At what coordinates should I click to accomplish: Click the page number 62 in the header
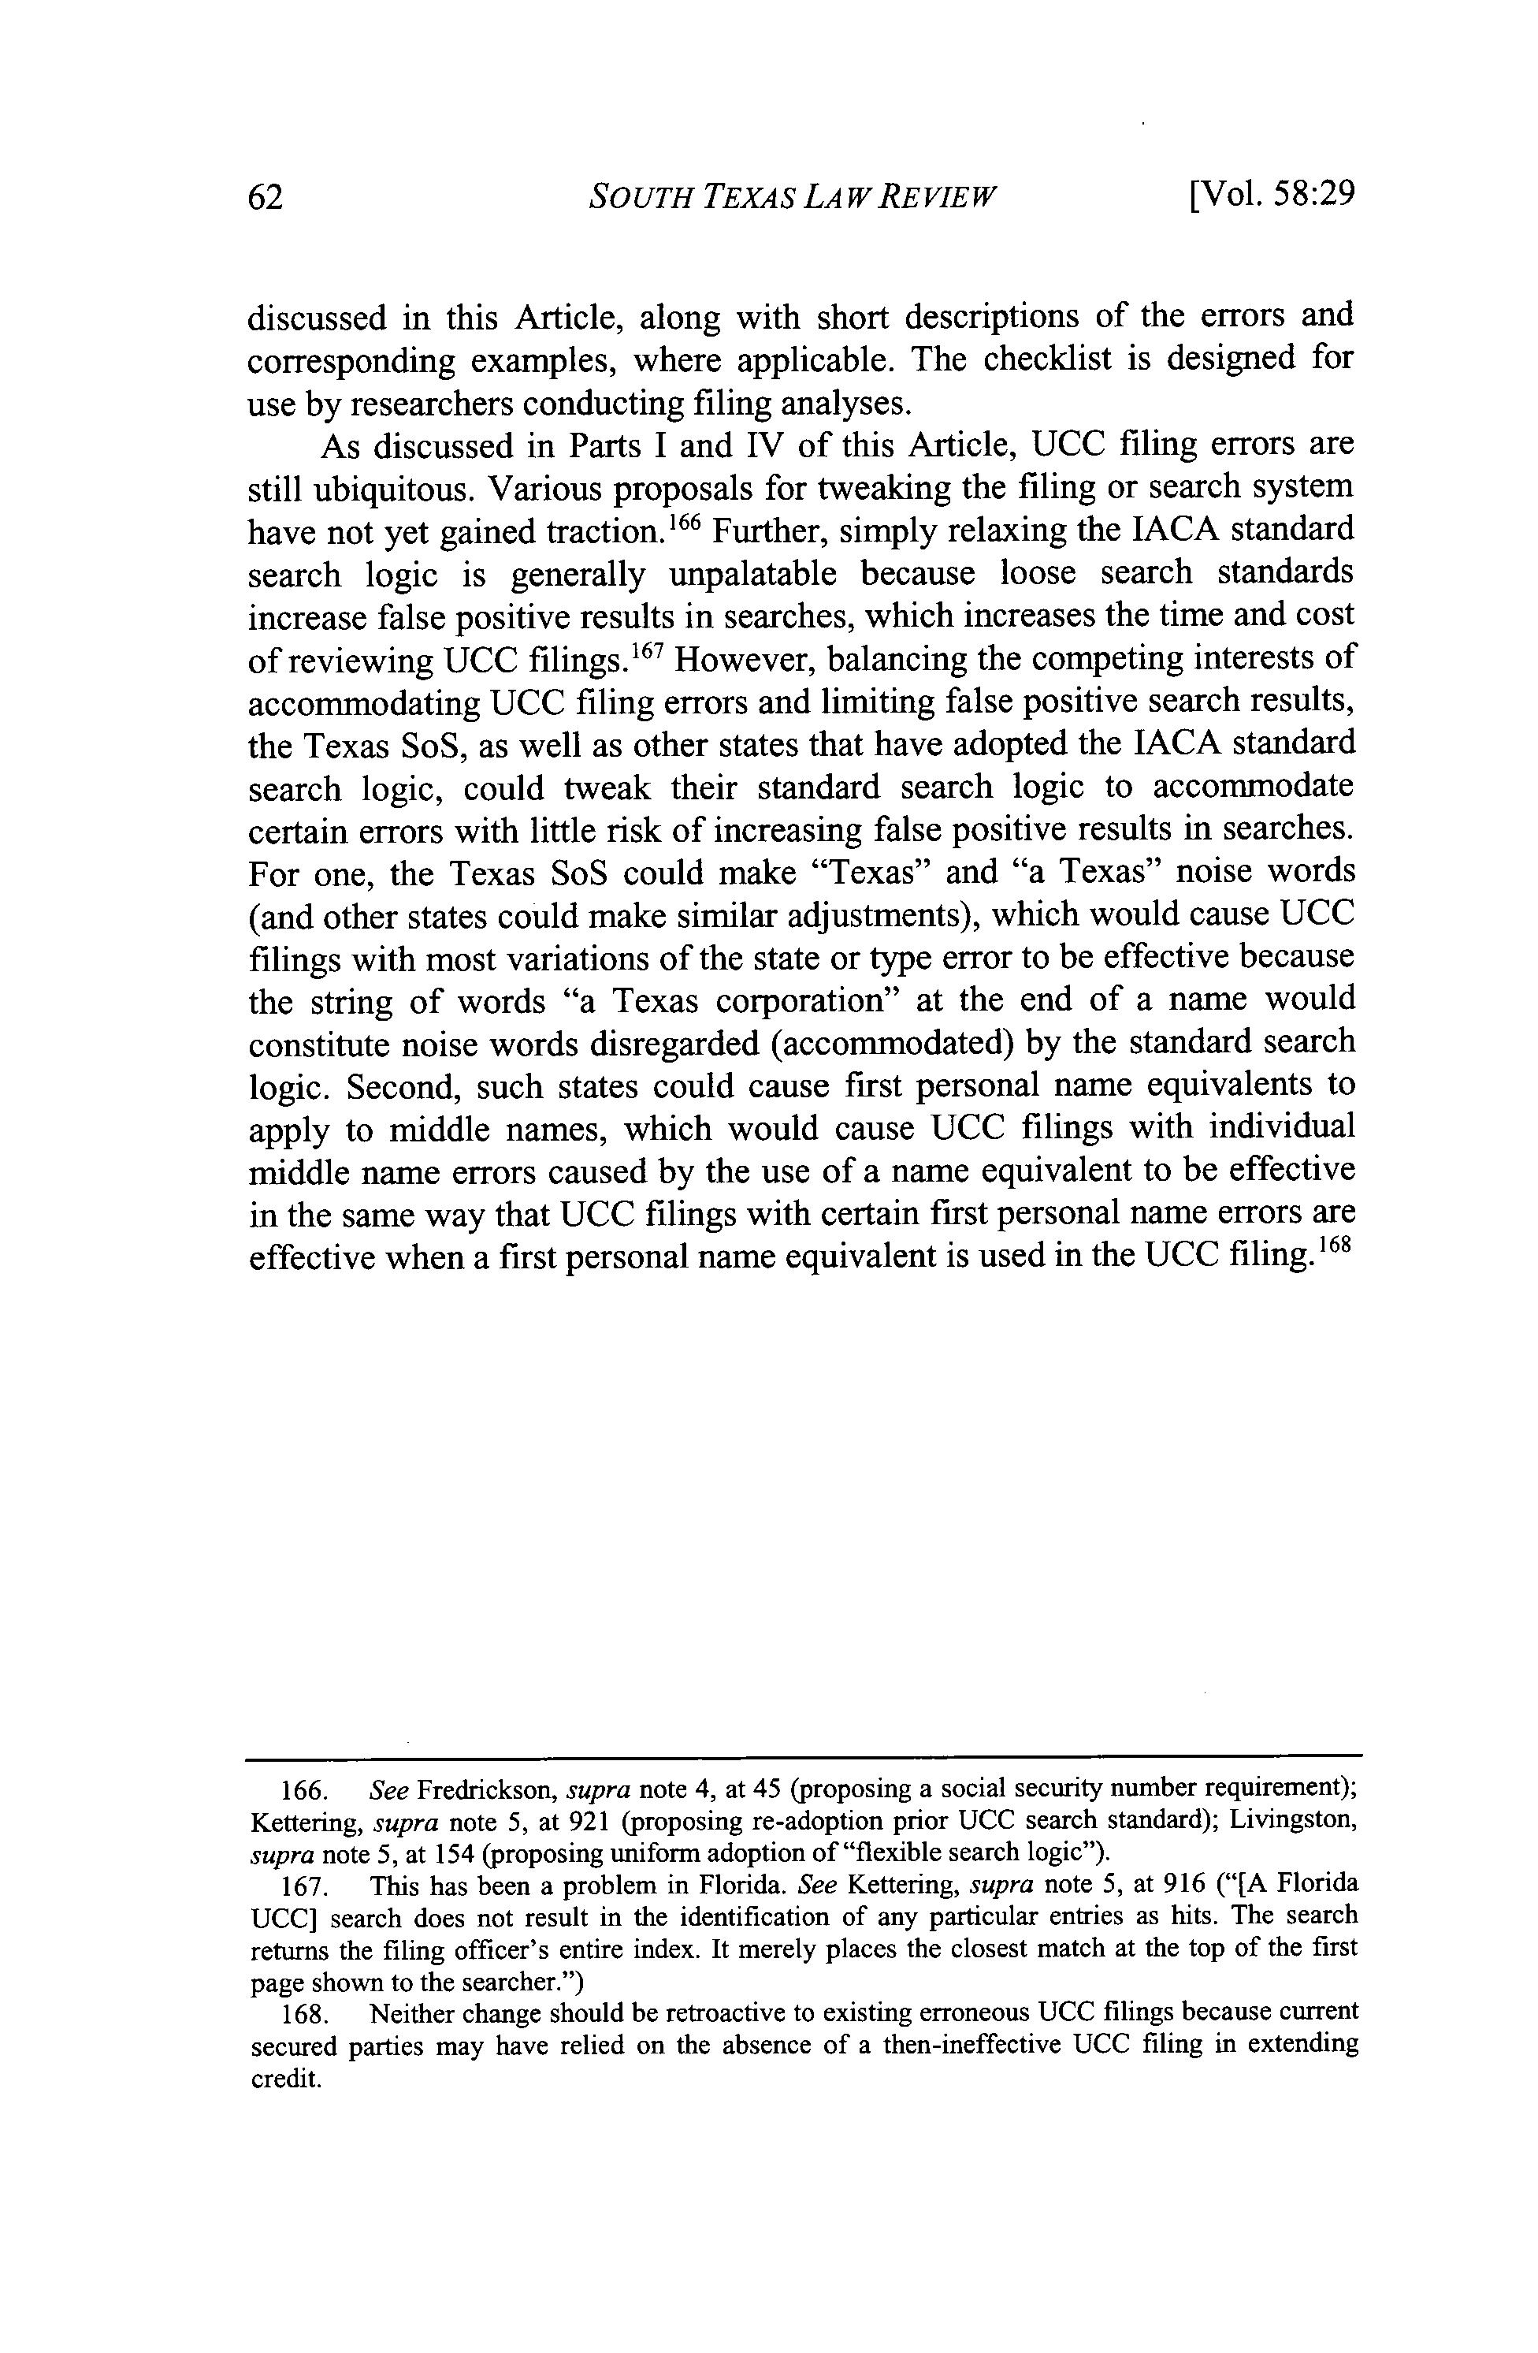265,197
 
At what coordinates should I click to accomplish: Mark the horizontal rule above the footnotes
804,1757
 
